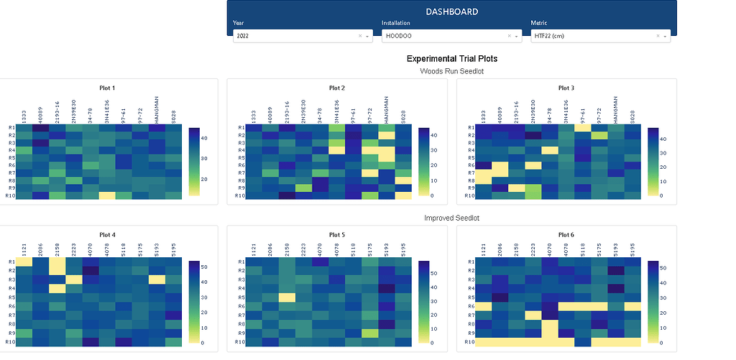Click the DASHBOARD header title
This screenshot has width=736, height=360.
[452, 11]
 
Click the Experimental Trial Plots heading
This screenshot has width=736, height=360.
[452, 59]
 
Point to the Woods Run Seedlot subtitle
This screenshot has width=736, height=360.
[452, 71]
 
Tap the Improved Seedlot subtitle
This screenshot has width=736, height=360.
[452, 218]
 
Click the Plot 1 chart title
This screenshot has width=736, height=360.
[107, 88]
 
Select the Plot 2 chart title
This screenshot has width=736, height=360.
[337, 88]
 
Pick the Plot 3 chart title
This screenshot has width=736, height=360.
[566, 88]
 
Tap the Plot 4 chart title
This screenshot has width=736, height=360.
[107, 234]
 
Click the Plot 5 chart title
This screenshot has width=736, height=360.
[337, 234]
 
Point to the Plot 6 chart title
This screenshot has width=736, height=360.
[566, 234]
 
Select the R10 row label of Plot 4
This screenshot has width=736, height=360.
[10, 342]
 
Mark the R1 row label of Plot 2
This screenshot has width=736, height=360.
[241, 128]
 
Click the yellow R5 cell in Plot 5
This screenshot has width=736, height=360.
[287, 297]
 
